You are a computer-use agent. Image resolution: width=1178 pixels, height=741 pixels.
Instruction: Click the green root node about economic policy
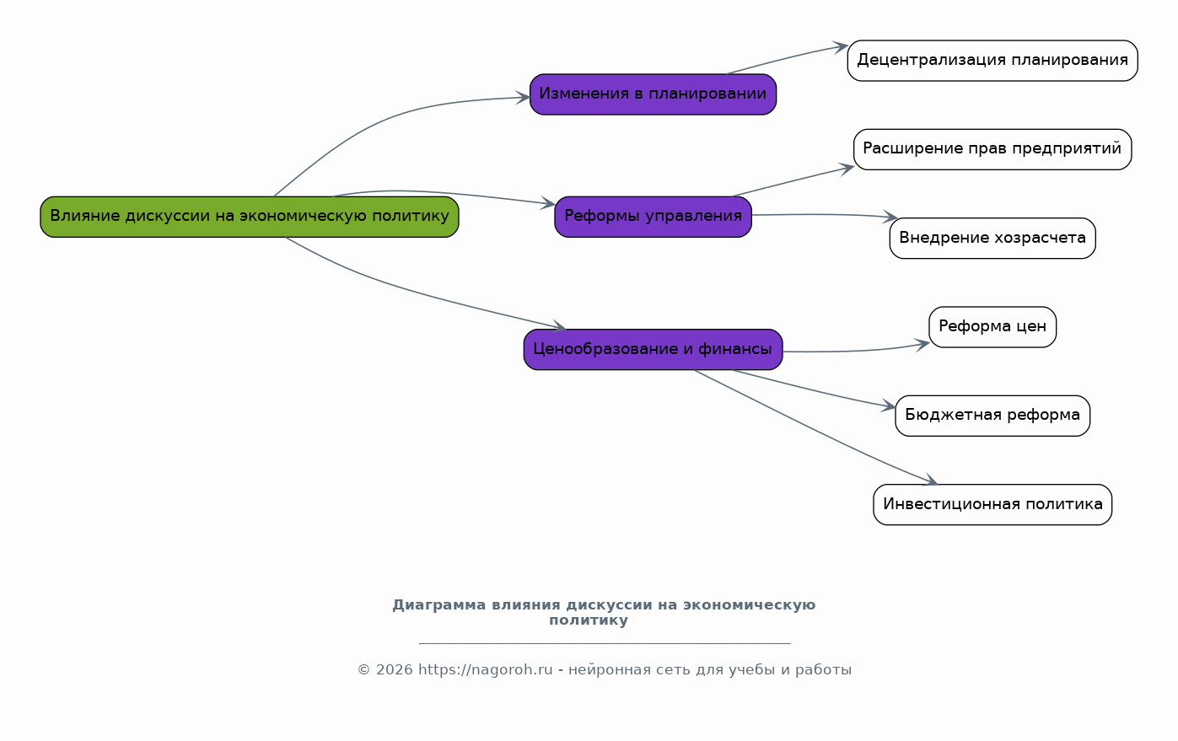[x=250, y=217]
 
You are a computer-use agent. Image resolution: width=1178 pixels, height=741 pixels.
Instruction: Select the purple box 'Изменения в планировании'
[x=653, y=94]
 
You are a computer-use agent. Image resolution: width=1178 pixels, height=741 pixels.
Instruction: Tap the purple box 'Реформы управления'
[x=653, y=217]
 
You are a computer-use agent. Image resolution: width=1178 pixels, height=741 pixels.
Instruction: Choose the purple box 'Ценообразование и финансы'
[x=653, y=350]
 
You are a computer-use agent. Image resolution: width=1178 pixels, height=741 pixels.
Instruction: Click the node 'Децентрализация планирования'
[x=992, y=61]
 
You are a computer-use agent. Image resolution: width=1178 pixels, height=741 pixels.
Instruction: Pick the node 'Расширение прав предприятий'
[x=992, y=149]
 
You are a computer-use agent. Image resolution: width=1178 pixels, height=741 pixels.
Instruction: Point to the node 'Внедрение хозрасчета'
[x=992, y=239]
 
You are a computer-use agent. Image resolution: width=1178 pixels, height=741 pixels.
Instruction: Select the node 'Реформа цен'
[x=992, y=327]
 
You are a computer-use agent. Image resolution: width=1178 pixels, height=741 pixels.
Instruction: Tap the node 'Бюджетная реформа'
[x=992, y=416]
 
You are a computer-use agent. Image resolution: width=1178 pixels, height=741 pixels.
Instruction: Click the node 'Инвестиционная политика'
[x=992, y=505]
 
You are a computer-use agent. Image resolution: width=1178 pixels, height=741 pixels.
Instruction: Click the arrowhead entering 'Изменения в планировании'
[x=522, y=97]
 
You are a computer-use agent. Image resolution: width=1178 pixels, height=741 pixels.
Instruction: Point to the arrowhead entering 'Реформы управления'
[x=548, y=203]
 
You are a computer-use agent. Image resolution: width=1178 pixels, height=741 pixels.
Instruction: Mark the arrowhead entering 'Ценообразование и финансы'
[x=558, y=325]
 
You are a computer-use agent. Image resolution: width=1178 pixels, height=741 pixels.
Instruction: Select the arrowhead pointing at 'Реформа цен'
[x=922, y=345]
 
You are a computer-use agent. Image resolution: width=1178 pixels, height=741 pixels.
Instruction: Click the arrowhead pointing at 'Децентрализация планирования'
[x=841, y=47]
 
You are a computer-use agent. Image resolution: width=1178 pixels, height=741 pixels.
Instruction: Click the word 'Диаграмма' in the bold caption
[x=439, y=605]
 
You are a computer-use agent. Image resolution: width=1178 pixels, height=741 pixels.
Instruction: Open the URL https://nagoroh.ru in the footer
[x=486, y=670]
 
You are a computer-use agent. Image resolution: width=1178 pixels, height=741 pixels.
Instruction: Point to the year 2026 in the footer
[x=395, y=670]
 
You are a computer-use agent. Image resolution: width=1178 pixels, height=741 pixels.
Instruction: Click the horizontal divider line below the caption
[x=605, y=643]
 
